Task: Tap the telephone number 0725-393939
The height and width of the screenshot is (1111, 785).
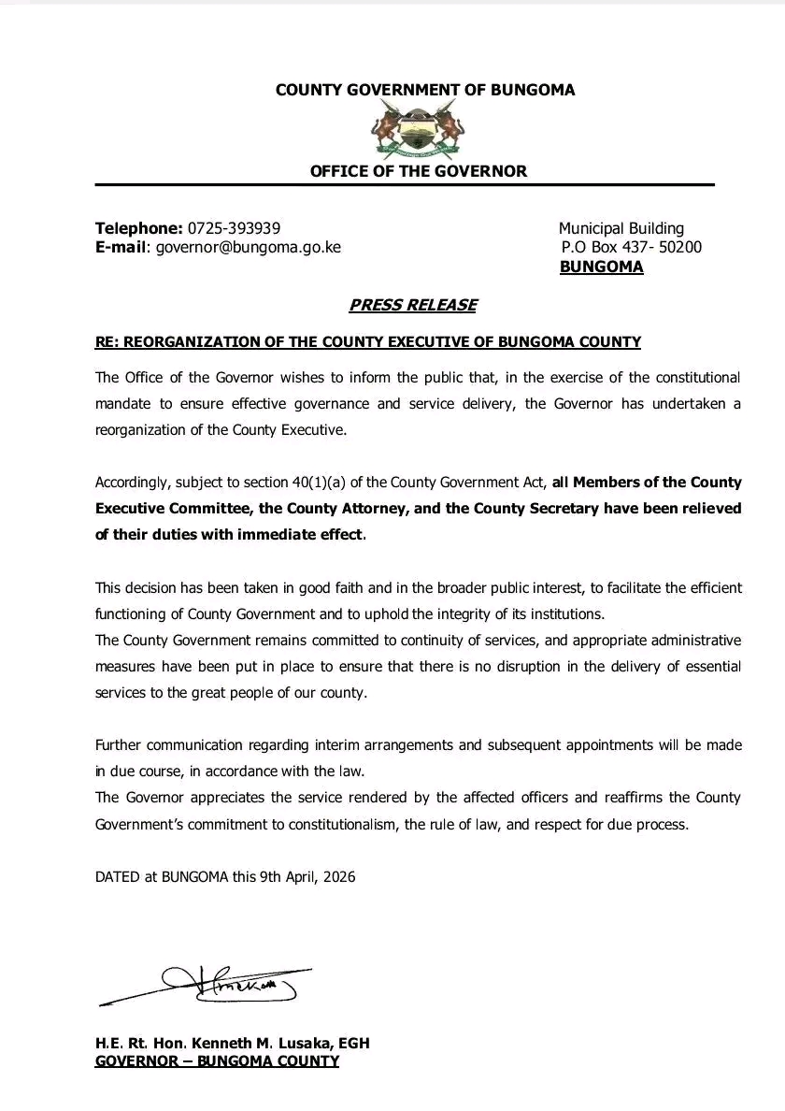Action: [234, 228]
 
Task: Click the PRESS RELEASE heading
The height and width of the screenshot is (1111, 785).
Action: [413, 305]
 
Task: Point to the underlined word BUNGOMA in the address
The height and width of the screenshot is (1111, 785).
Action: [601, 267]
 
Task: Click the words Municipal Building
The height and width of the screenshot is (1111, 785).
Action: [621, 228]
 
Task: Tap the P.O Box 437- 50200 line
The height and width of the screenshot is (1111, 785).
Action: [632, 248]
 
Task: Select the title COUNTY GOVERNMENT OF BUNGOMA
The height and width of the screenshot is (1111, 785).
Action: [425, 91]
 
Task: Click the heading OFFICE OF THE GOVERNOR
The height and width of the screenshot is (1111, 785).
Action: [418, 171]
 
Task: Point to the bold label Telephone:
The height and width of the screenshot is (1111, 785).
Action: [138, 228]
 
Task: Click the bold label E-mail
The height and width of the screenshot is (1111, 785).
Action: [121, 248]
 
